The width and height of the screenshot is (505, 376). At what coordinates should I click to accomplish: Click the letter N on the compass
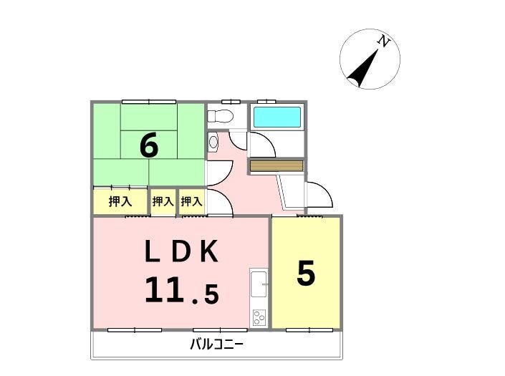(383, 41)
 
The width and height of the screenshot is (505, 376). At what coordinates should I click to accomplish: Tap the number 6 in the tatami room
(149, 145)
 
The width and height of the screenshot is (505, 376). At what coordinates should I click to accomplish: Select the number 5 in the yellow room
(306, 274)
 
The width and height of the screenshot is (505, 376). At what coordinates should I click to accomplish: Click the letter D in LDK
(181, 251)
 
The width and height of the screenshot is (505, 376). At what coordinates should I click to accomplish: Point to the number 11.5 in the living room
(182, 290)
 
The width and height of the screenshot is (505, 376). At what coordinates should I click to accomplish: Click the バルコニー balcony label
(216, 344)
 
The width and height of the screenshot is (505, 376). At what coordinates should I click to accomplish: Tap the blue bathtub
(277, 117)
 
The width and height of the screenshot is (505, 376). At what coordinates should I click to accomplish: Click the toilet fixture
(220, 116)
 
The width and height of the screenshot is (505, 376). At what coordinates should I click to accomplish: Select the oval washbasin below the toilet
(213, 142)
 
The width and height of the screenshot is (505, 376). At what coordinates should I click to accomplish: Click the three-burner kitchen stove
(259, 317)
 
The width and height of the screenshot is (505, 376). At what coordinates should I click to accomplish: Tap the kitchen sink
(259, 284)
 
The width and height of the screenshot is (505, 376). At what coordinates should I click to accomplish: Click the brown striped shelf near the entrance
(276, 165)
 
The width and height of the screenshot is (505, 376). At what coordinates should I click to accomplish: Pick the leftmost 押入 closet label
(120, 201)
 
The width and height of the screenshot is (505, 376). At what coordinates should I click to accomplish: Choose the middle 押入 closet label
(163, 201)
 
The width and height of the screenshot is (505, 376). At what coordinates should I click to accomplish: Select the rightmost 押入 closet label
(192, 201)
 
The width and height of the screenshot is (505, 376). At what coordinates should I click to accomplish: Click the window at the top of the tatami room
(149, 102)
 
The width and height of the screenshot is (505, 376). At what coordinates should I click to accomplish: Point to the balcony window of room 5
(309, 329)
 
